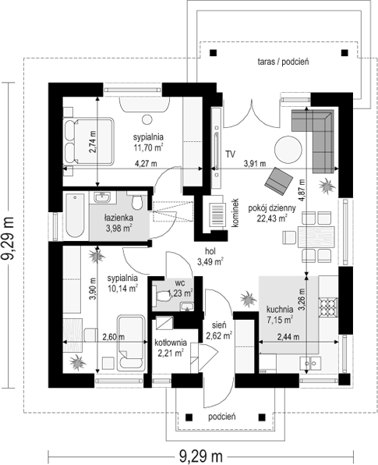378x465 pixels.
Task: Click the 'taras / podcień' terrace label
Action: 283,62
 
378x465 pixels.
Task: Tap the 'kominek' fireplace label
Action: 235,213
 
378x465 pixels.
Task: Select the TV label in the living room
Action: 231,154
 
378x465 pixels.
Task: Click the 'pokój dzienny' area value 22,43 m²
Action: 272,218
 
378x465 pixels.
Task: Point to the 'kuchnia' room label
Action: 280,310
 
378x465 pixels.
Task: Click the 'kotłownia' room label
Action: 171,343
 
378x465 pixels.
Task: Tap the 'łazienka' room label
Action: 118,218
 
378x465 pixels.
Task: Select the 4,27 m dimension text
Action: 146,163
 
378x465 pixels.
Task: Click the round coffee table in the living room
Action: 288,150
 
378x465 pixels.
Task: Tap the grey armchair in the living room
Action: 279,180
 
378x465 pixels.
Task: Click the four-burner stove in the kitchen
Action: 328,307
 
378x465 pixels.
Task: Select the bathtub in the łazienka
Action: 75,215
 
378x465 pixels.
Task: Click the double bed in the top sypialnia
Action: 88,141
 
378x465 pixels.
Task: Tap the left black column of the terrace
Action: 213,53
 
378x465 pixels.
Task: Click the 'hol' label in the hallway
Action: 210,251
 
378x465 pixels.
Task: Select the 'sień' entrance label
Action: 219,325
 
